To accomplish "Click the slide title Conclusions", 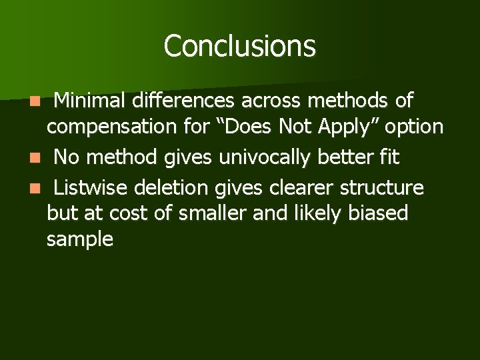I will (239, 46).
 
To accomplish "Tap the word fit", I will (390, 157).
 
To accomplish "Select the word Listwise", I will (92, 188).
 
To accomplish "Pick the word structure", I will (381, 188).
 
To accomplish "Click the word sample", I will (79, 239).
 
